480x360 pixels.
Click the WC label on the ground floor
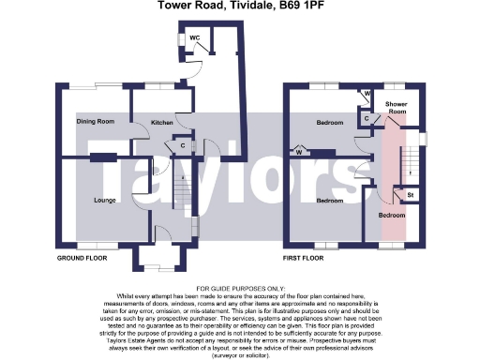[x=195, y=37]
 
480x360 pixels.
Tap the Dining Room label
[x=95, y=121]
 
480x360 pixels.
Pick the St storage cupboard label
[x=410, y=195]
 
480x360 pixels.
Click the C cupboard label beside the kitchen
[x=181, y=146]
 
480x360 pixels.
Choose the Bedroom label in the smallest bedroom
[x=392, y=214]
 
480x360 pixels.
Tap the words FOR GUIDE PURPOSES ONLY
[x=240, y=288]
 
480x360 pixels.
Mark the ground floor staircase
[x=187, y=192]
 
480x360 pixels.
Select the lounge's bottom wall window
[x=91, y=246]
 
